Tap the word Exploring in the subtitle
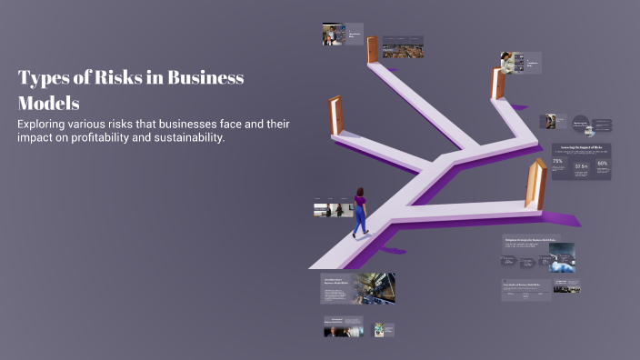click(49, 124)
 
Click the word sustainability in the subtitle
click(190, 138)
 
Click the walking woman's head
click(360, 193)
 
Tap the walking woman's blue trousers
click(360, 221)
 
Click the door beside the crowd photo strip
click(373, 50)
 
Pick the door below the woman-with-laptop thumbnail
click(497, 84)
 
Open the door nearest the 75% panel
click(536, 184)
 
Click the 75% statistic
click(557, 162)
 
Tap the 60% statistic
click(602, 164)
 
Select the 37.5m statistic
click(581, 166)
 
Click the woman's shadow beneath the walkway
click(387, 250)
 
